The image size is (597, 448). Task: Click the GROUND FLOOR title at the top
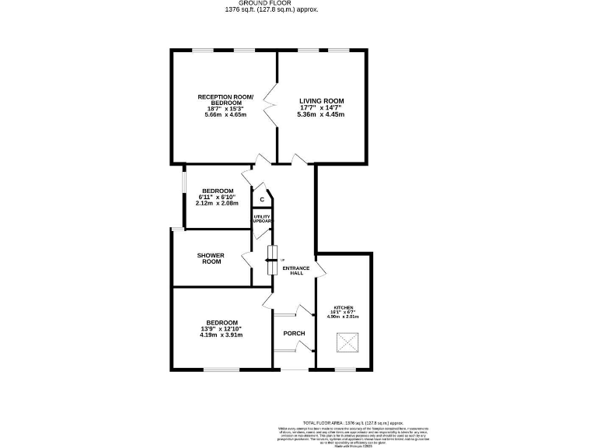271,3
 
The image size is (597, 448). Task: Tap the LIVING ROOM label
321,101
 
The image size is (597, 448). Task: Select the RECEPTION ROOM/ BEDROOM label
225,99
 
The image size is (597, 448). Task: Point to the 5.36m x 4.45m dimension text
320,114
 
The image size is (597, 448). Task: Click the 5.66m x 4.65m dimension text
225,114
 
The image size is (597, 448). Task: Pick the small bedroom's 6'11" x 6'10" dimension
218,198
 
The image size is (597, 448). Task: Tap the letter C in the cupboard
262,200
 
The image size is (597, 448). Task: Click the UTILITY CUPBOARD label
262,219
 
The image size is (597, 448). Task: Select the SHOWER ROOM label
210,258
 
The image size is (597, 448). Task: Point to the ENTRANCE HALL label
296,271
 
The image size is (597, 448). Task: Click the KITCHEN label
343,307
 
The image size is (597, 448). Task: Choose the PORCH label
294,334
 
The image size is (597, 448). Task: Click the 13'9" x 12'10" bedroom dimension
222,328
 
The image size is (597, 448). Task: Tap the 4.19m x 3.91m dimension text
222,335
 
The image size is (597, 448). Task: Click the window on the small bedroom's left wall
183,187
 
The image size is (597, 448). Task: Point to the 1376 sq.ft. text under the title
271,10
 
